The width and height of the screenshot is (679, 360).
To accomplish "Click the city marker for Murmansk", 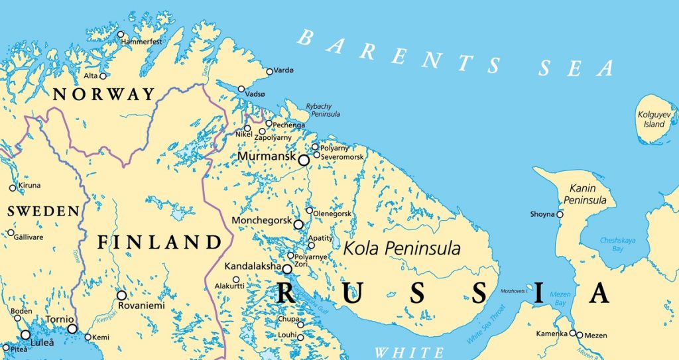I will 304,160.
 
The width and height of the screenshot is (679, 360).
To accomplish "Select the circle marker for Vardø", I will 269,72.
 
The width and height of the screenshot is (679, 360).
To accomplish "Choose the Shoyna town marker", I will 560,214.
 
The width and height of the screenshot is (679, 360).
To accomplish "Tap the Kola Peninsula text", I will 402,249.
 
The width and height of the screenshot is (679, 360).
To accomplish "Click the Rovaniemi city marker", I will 121,295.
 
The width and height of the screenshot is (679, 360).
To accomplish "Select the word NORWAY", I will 103,94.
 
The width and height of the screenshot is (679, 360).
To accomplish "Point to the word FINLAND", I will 158,242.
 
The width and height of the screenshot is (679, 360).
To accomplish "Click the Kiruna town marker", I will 12,188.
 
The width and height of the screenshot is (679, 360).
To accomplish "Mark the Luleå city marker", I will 25,335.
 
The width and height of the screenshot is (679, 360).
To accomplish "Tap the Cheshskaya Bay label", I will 603,245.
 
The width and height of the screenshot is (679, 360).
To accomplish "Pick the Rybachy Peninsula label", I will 323,110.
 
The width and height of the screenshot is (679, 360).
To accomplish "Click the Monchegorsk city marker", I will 298,225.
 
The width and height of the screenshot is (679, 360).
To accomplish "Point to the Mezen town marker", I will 580,335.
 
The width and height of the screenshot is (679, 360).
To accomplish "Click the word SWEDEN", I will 42,211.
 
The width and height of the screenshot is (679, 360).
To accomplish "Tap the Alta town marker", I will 103,76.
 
